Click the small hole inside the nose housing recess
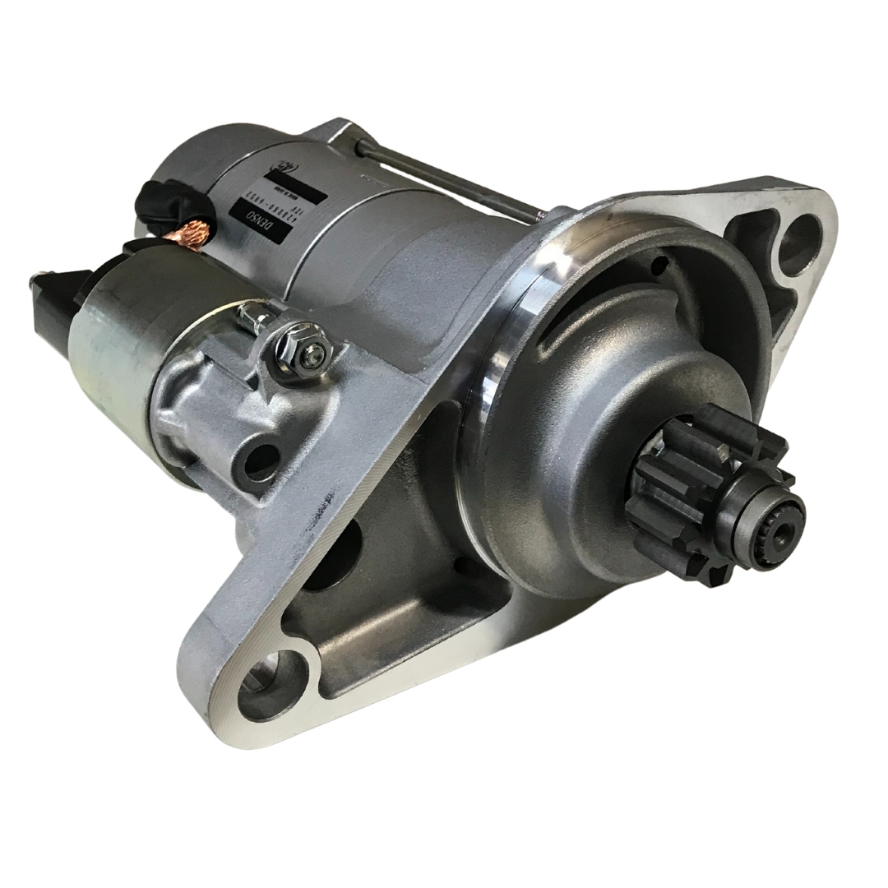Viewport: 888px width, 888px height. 658,266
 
